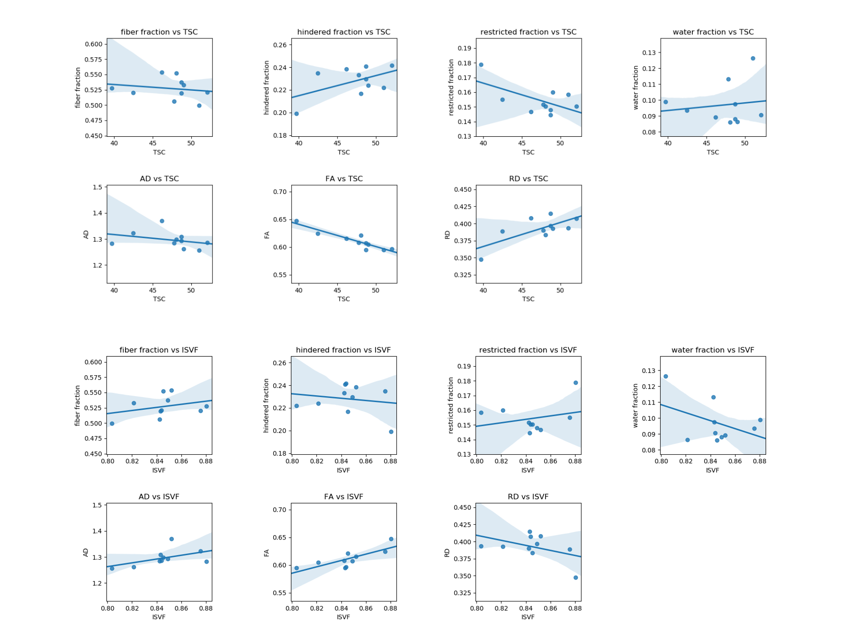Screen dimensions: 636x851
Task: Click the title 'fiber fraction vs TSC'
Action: pyautogui.click(x=159, y=32)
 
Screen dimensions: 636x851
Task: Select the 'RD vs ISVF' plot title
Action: pyautogui.click(x=528, y=497)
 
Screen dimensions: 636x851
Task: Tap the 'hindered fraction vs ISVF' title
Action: pyautogui.click(x=343, y=350)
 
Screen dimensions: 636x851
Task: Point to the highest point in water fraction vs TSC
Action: pyautogui.click(x=752, y=59)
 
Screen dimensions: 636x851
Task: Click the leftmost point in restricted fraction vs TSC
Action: pyautogui.click(x=481, y=65)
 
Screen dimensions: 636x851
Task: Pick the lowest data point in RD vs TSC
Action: pyautogui.click(x=481, y=260)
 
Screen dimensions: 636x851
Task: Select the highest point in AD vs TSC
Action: pyautogui.click(x=162, y=221)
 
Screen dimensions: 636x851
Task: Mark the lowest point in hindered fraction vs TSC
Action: pyautogui.click(x=296, y=114)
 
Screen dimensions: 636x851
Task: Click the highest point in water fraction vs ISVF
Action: pyautogui.click(x=665, y=377)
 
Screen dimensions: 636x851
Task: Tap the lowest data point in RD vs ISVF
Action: pyautogui.click(x=576, y=578)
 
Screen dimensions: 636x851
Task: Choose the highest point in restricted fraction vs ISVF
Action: pyautogui.click(x=576, y=383)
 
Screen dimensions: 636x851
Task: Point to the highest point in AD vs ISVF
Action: pyautogui.click(x=171, y=539)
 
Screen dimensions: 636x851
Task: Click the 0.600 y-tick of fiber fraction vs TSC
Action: pyautogui.click(x=93, y=44)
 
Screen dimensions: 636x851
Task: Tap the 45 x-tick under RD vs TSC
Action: pyautogui.click(x=522, y=290)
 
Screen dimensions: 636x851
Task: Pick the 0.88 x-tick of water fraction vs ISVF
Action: pyautogui.click(x=759, y=461)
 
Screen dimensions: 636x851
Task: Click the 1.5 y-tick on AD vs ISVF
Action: pyautogui.click(x=97, y=505)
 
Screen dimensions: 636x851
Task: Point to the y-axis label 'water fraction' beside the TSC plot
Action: pyautogui.click(x=636, y=88)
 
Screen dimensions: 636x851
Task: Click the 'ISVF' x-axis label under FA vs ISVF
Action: pyautogui.click(x=343, y=617)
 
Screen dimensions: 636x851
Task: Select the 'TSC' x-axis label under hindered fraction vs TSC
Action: pyautogui.click(x=344, y=152)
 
